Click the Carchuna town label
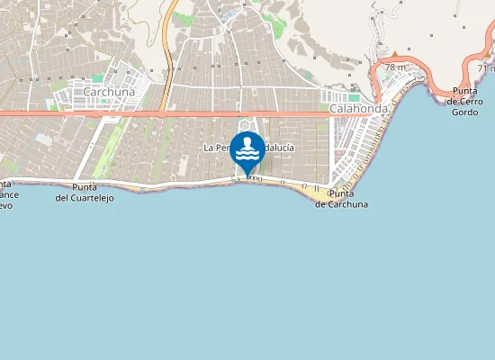click(108, 92)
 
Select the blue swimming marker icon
click(247, 149)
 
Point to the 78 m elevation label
click(395, 67)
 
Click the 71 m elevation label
click(487, 67)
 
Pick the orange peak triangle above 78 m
click(393, 56)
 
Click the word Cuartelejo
click(90, 197)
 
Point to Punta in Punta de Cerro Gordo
click(465, 90)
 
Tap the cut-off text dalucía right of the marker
click(280, 147)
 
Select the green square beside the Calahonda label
click(355, 97)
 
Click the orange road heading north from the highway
click(169, 54)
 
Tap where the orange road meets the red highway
click(162, 113)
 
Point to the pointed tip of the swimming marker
click(247, 175)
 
